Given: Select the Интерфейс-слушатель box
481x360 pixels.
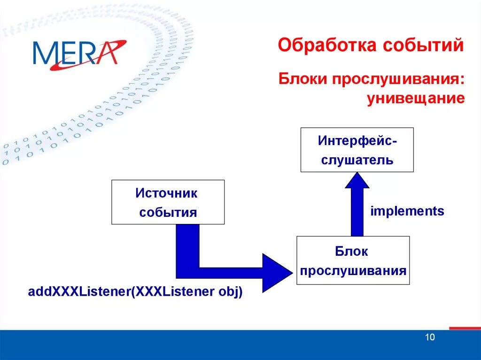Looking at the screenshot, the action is [x=357, y=149].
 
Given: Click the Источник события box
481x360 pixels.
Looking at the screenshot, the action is [x=168, y=202].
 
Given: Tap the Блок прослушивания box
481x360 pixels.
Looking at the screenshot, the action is [x=353, y=260].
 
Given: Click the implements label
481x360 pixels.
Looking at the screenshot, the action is [x=407, y=211].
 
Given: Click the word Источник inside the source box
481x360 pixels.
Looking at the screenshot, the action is [x=167, y=193].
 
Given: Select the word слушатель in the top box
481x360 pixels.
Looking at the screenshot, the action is [x=357, y=160].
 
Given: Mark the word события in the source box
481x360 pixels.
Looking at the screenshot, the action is [x=167, y=213].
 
